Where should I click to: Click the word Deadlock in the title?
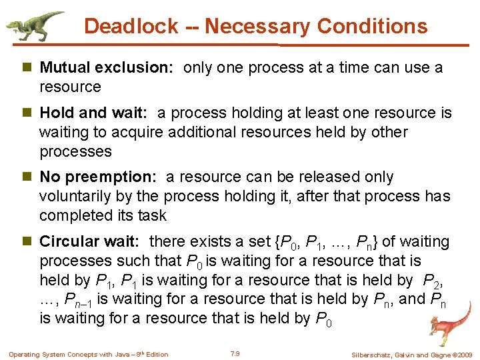[131, 27]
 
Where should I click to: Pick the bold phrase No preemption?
[99, 177]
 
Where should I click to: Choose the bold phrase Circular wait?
[93, 241]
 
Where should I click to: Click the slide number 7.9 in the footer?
[234, 353]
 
